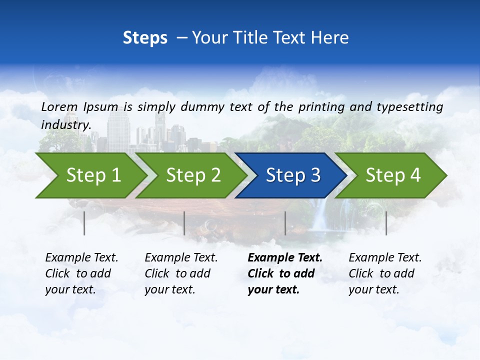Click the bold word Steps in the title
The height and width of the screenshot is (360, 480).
145,38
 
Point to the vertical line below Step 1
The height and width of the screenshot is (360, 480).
84,223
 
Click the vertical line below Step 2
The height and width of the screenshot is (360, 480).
184,223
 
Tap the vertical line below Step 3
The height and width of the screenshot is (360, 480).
285,223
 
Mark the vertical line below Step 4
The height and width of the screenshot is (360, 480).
386,223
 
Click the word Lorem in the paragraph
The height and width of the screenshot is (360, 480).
59,106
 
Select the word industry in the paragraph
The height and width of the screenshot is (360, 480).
65,124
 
